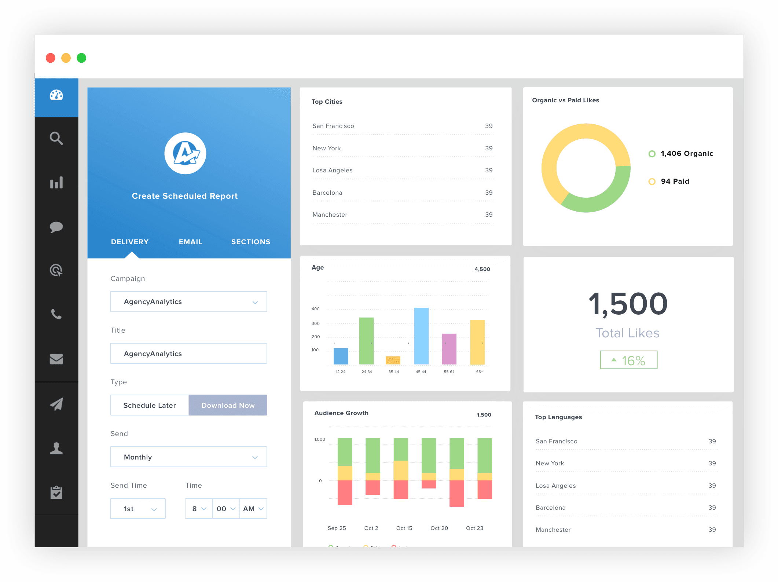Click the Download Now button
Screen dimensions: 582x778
coord(228,405)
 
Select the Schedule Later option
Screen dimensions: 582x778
coord(150,405)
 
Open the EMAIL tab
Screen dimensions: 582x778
coord(190,242)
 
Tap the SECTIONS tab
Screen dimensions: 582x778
coord(251,242)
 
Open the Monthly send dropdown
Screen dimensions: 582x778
coord(188,457)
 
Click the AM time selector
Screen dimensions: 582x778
coord(253,509)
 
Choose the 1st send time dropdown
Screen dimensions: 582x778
coord(138,509)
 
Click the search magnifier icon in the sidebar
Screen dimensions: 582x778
coord(56,138)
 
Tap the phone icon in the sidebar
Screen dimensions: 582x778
coord(56,314)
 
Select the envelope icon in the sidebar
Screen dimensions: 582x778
coord(56,359)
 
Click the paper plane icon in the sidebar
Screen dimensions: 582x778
coord(56,404)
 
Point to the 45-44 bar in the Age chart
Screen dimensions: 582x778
coord(421,336)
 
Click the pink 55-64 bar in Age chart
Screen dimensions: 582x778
coord(449,349)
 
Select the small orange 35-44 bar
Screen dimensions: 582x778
coord(393,360)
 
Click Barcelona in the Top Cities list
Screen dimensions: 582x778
coord(327,193)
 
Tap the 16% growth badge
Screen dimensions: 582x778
coord(628,360)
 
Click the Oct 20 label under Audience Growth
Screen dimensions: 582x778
coord(439,528)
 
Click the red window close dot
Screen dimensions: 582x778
coord(51,58)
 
